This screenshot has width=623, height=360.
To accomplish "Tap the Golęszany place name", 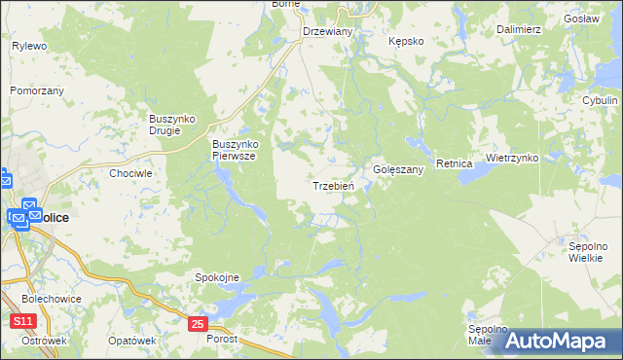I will (399, 169).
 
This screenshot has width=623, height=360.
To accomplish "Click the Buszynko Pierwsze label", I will (234, 150).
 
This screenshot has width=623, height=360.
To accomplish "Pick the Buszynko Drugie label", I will (171, 125).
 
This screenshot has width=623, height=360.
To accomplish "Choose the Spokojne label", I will (217, 277).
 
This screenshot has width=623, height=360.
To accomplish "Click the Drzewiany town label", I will (327, 31).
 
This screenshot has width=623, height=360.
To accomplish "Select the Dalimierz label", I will (518, 29).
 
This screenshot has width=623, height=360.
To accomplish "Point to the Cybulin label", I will (599, 100).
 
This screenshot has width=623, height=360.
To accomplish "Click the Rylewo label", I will (29, 46).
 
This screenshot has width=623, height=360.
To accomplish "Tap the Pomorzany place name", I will (36, 90).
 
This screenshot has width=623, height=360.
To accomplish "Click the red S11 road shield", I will (24, 320).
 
